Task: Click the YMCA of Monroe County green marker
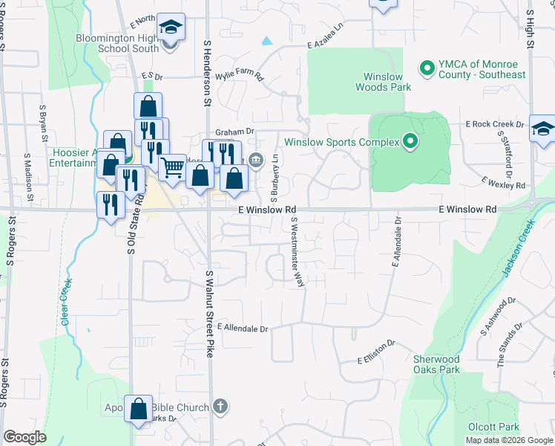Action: click(427, 68)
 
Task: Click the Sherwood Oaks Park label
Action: click(436, 364)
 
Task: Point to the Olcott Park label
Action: click(493, 427)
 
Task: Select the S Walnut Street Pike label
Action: click(210, 313)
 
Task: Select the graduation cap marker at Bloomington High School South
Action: click(171, 30)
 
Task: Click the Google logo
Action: click(25, 437)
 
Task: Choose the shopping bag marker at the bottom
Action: click(138, 408)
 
